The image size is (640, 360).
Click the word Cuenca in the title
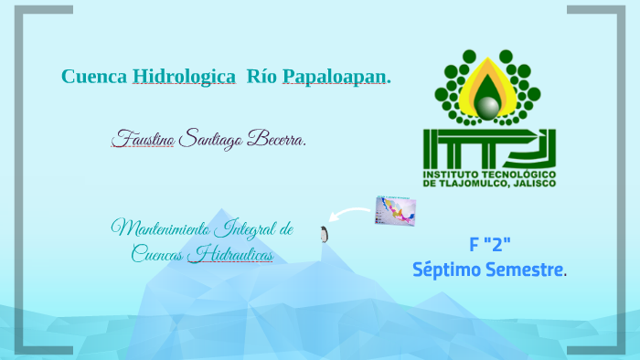pos(93,77)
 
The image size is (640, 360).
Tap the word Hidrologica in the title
pos(184,77)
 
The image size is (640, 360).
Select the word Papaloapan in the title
pos(335,77)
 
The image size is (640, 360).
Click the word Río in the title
pos(262,77)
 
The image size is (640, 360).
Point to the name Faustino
pos(143,140)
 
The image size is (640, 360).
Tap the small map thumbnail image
pos(395,211)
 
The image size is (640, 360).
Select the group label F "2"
pos(489,244)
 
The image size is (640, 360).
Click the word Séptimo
pos(446,270)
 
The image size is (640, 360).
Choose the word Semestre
pos(527,270)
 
